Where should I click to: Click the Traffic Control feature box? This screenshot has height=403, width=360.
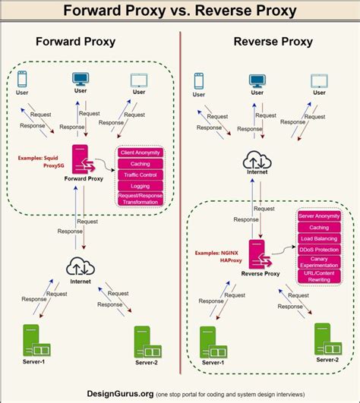pyautogui.click(x=140, y=174)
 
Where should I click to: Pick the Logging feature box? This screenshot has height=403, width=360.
pyautogui.click(x=140, y=185)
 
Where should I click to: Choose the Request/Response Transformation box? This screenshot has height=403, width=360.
pyautogui.click(x=140, y=199)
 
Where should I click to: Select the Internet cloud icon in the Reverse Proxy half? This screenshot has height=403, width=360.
pyautogui.click(x=257, y=160)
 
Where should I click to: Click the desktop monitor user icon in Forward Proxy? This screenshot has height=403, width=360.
pyautogui.click(x=81, y=78)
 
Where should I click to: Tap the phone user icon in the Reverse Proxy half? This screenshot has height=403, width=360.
pyautogui.click(x=199, y=80)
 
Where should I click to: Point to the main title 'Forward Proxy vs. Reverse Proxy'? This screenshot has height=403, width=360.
pyautogui.click(x=179, y=11)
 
